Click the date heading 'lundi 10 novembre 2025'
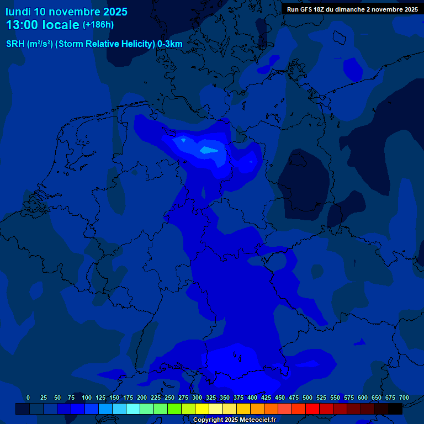coord(66,12)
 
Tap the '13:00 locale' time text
coord(43,25)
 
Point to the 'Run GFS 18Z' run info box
coord(352,9)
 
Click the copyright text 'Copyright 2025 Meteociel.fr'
coord(234,420)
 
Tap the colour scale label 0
coord(28,397)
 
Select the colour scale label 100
coord(87,397)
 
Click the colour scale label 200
coord(142,397)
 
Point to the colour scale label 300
coord(197,397)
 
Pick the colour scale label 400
coord(252,397)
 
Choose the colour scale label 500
coord(308,397)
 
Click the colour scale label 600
coord(363,397)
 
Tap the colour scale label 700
coord(404,397)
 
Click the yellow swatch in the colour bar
coord(202,409)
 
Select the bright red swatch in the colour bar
coord(312,409)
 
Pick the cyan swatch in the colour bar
coord(133,409)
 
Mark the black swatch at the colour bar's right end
coord(395,409)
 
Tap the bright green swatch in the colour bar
coord(174,409)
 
